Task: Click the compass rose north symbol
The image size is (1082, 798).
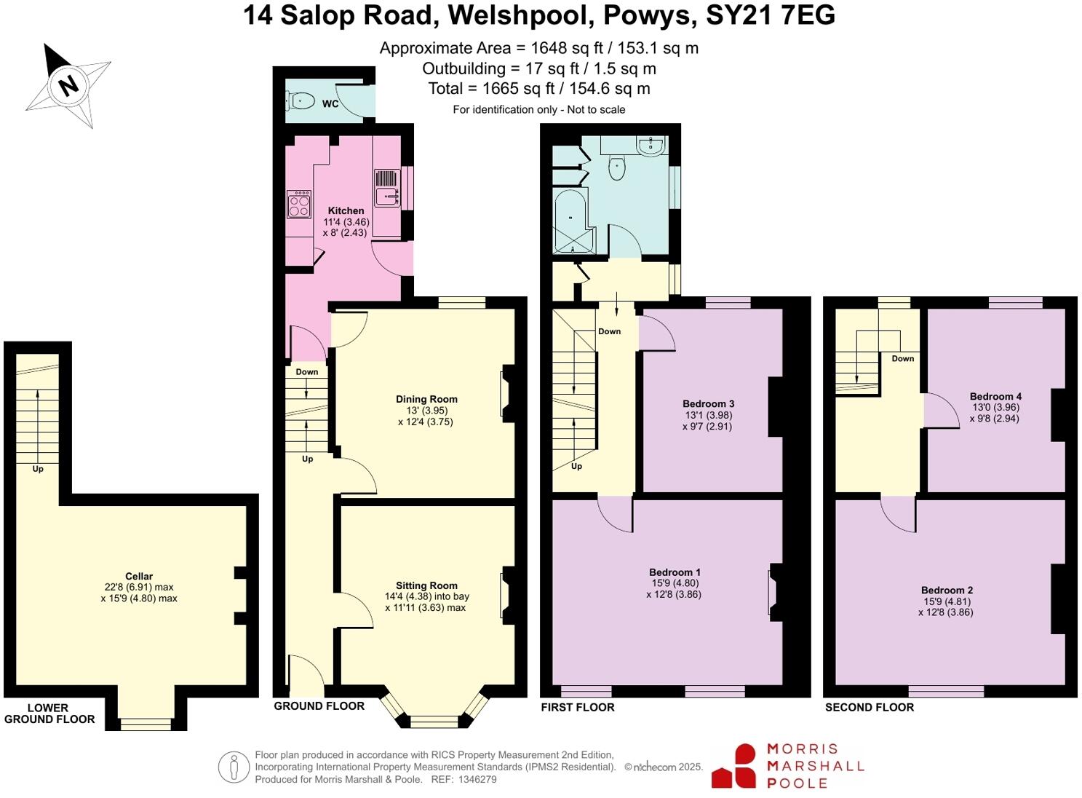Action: (x=68, y=85)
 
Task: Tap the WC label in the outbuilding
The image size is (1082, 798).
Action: (x=330, y=104)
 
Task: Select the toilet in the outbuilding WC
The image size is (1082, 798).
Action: (x=301, y=100)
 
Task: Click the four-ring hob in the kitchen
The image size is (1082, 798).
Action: (x=299, y=203)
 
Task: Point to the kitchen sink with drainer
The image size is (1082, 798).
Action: (x=387, y=188)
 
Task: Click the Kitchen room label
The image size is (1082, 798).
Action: (x=346, y=210)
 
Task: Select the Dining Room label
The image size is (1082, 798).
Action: (x=426, y=399)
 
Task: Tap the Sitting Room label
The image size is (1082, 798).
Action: (x=426, y=585)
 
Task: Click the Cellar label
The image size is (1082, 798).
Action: (x=139, y=576)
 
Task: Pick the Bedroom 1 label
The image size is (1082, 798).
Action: (x=675, y=572)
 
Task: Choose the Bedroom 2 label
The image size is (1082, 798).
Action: (x=947, y=590)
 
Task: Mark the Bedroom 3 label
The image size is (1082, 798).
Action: (x=708, y=404)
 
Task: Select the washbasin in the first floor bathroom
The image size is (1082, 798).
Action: (x=649, y=146)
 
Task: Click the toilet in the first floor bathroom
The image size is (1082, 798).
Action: (x=617, y=167)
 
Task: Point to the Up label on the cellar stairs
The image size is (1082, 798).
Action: (x=38, y=469)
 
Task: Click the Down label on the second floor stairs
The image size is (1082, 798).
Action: (x=902, y=358)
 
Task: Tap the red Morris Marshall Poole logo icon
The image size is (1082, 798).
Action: (x=736, y=766)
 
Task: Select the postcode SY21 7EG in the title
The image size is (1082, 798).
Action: (x=771, y=15)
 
